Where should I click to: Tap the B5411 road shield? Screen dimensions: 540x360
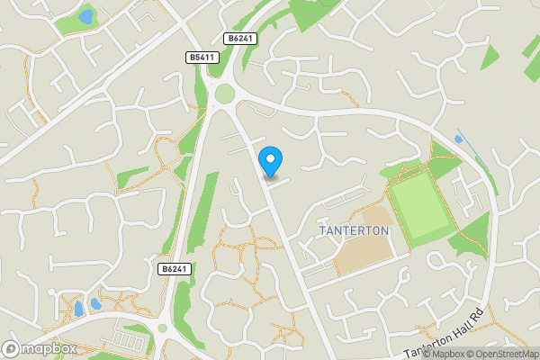tap(202, 58)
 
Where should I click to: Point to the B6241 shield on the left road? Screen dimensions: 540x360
tap(175, 269)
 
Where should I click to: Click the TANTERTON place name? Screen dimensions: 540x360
tap(355, 231)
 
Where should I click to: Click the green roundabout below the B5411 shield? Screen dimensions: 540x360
tap(224, 94)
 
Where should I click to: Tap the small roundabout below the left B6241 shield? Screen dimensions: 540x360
tap(163, 328)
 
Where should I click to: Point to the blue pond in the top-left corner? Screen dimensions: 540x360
tap(86, 16)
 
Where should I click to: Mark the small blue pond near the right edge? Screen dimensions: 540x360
tap(460, 139)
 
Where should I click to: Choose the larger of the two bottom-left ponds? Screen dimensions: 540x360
tap(94, 303)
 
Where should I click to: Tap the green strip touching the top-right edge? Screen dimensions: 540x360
tap(531, 45)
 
